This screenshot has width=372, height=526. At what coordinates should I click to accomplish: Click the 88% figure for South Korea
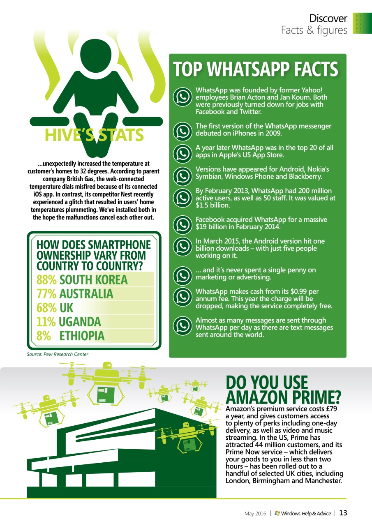click(x=46, y=279)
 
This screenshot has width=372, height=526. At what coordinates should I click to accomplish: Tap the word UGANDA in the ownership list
click(x=80, y=322)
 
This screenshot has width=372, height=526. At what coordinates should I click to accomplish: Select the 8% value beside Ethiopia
click(x=44, y=336)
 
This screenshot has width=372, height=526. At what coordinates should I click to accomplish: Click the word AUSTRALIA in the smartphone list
click(x=86, y=294)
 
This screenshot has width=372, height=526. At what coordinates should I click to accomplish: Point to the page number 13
click(x=343, y=513)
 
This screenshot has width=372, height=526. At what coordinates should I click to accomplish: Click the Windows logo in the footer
click(x=277, y=513)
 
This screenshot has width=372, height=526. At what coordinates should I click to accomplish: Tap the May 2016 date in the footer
click(x=255, y=514)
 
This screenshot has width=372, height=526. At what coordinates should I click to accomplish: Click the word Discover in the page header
click(x=328, y=18)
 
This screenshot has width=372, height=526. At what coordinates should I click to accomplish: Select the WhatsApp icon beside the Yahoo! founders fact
click(x=183, y=97)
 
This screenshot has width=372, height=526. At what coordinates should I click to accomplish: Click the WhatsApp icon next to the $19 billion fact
click(x=183, y=224)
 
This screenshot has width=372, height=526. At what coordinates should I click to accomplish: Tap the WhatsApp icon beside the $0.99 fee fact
click(x=183, y=296)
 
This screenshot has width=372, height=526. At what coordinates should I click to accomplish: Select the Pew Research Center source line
click(x=58, y=354)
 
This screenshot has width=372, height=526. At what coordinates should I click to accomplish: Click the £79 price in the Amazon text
click(x=332, y=409)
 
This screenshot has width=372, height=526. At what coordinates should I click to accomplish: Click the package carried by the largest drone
click(x=106, y=394)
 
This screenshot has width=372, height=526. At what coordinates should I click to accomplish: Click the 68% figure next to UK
click(x=46, y=308)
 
